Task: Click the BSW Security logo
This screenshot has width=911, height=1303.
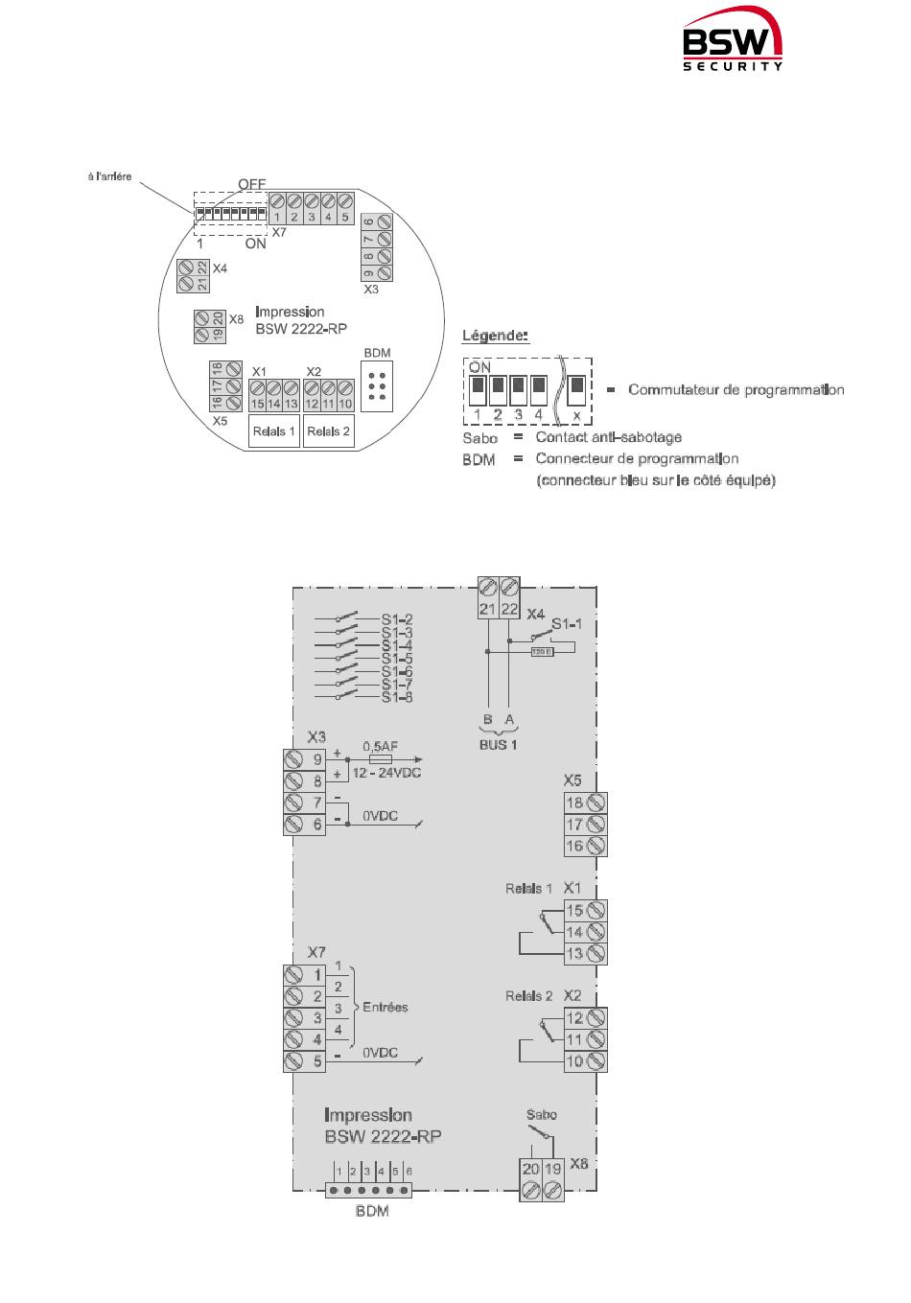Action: point(733,46)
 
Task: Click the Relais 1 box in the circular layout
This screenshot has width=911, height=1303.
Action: point(274,431)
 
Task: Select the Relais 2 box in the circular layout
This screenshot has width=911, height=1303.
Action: point(328,431)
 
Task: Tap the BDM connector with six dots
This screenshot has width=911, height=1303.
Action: point(377,385)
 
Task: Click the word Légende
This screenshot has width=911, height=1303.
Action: point(495,336)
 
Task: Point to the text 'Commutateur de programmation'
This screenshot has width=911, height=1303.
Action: point(736,389)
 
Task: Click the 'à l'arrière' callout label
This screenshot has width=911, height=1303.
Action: point(109,176)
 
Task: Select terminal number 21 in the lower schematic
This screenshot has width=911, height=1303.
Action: point(487,609)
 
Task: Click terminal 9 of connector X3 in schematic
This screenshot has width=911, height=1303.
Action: point(317,758)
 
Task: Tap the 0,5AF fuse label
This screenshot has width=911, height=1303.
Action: point(381,745)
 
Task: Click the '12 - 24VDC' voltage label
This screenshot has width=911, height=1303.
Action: point(387,773)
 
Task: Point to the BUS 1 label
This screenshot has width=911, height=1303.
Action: point(498,744)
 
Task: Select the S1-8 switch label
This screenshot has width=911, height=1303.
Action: point(396,697)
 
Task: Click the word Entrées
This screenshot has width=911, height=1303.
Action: point(385,1007)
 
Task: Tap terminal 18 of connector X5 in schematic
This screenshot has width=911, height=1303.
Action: point(575,803)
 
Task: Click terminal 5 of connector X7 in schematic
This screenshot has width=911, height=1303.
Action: point(317,1061)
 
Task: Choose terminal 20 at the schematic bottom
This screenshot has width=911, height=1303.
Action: point(530,1169)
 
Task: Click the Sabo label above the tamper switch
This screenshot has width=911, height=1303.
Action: point(542,1115)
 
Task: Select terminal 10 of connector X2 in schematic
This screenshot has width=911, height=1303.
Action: point(575,1061)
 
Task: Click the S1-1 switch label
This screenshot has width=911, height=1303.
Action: point(567,624)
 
